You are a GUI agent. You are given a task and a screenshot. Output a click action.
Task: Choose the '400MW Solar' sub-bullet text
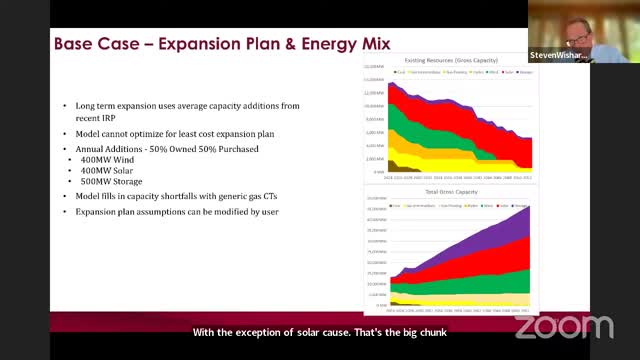(112, 170)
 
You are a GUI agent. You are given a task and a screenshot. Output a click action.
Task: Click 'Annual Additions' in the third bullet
(106, 148)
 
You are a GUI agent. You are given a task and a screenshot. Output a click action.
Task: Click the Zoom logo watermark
(564, 327)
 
